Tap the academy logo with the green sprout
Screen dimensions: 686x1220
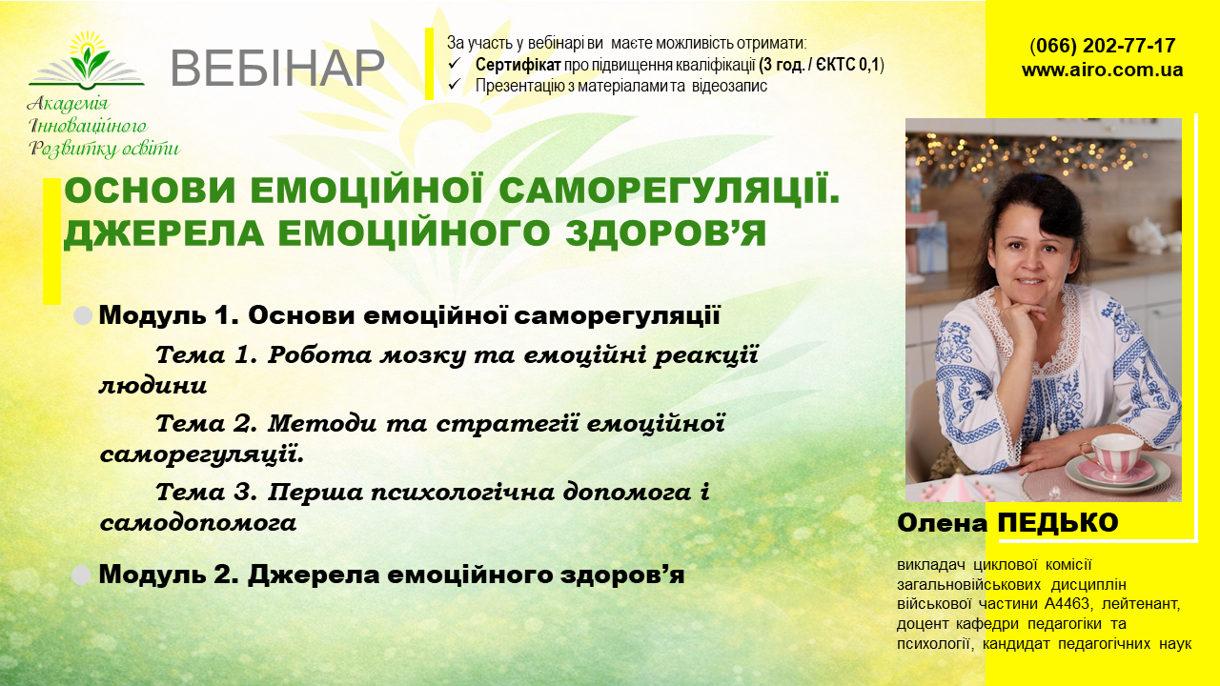[x=87, y=60]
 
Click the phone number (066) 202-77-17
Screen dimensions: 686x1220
[x=1103, y=46]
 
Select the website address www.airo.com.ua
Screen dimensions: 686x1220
[x=1103, y=70]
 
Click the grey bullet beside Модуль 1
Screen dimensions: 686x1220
[x=84, y=316]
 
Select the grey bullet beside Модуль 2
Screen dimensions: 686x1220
[x=82, y=575]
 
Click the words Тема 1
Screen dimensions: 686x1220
[x=206, y=355]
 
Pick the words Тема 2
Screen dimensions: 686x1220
[x=206, y=422]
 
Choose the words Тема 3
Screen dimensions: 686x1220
[x=206, y=493]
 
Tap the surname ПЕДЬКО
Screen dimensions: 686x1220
[x=1057, y=523]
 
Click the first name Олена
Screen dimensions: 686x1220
[x=943, y=523]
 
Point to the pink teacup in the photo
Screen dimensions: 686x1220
[x=1109, y=455]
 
